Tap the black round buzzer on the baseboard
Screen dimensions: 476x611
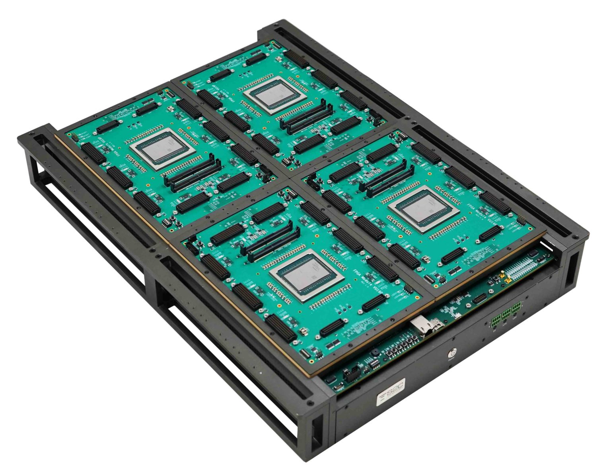pos(375,353)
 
